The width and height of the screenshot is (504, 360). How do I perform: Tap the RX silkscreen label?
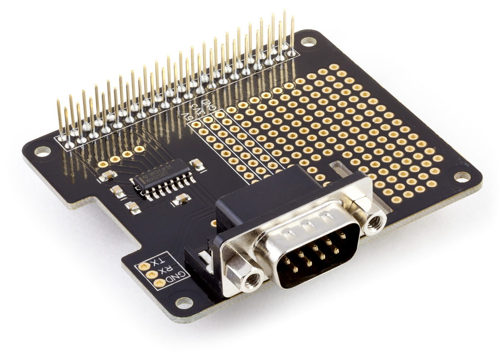click(x=165, y=269)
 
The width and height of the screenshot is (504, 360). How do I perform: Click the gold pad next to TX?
click(x=144, y=266)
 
